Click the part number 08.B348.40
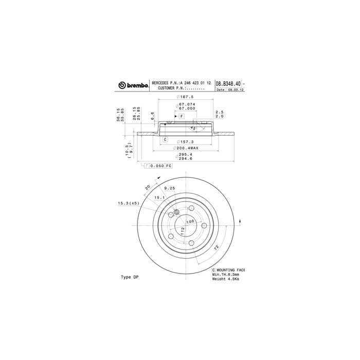click(x=228, y=83)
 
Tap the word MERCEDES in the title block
click(x=163, y=83)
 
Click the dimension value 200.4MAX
click(x=186, y=148)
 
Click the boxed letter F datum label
click(x=182, y=117)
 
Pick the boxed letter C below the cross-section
click(x=165, y=139)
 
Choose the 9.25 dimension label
click(x=170, y=189)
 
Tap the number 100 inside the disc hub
click(x=191, y=222)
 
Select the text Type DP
click(x=130, y=277)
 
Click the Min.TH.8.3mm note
click(x=226, y=275)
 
